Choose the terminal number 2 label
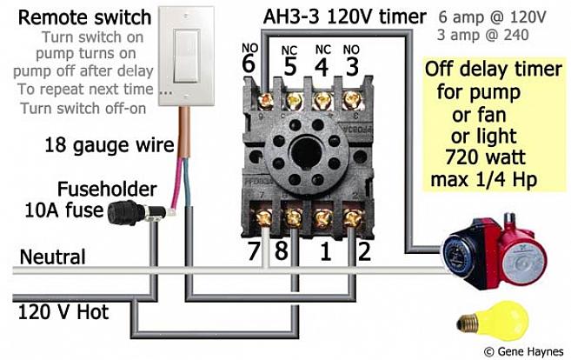365,253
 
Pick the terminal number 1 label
326,253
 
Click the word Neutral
52,257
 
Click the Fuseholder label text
107,189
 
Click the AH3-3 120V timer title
345,17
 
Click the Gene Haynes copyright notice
527,351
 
